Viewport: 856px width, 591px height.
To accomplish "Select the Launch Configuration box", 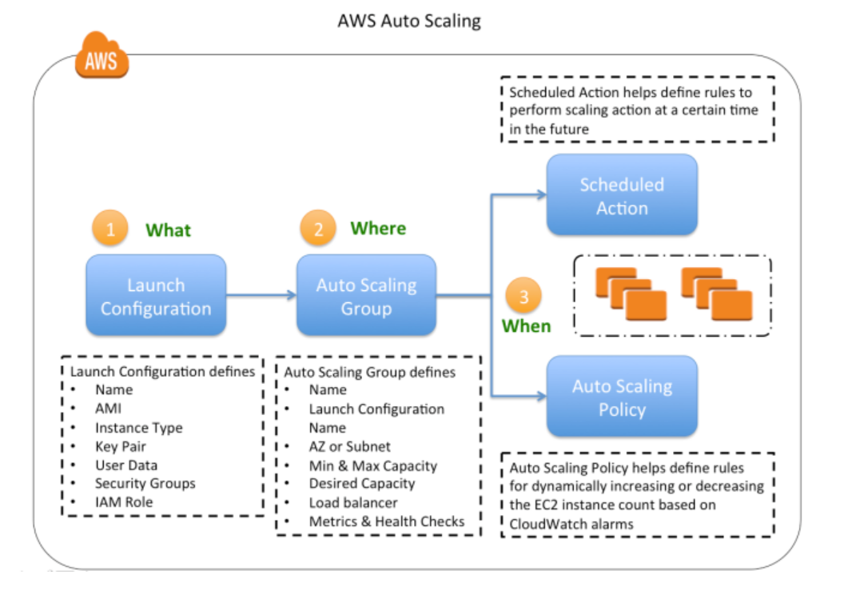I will (156, 296).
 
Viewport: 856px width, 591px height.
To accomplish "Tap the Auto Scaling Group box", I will (366, 296).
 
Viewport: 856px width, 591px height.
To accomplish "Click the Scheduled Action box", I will (622, 195).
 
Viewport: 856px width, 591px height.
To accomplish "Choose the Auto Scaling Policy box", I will (622, 397).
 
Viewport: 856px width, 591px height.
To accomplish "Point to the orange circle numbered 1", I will (111, 230).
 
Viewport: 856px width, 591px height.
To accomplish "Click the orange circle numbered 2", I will (318, 230).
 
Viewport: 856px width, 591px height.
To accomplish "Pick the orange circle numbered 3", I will (524, 297).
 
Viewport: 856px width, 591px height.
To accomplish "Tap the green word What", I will (168, 230).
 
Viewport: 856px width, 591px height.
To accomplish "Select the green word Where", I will (378, 229).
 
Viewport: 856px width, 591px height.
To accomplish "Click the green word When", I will (526, 326).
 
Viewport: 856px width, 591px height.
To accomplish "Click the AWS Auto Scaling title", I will (409, 21).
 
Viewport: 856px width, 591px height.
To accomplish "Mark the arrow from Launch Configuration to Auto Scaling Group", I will (261, 295).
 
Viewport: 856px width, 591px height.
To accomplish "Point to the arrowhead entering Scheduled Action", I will (541, 194).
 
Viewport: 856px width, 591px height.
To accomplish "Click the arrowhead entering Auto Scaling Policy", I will (541, 396).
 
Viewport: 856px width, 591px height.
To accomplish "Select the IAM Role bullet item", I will (123, 502).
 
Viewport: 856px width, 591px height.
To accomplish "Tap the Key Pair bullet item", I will (120, 446).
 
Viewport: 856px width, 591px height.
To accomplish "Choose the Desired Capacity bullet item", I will (362, 484).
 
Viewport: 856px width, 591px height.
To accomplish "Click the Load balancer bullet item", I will (353, 503).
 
